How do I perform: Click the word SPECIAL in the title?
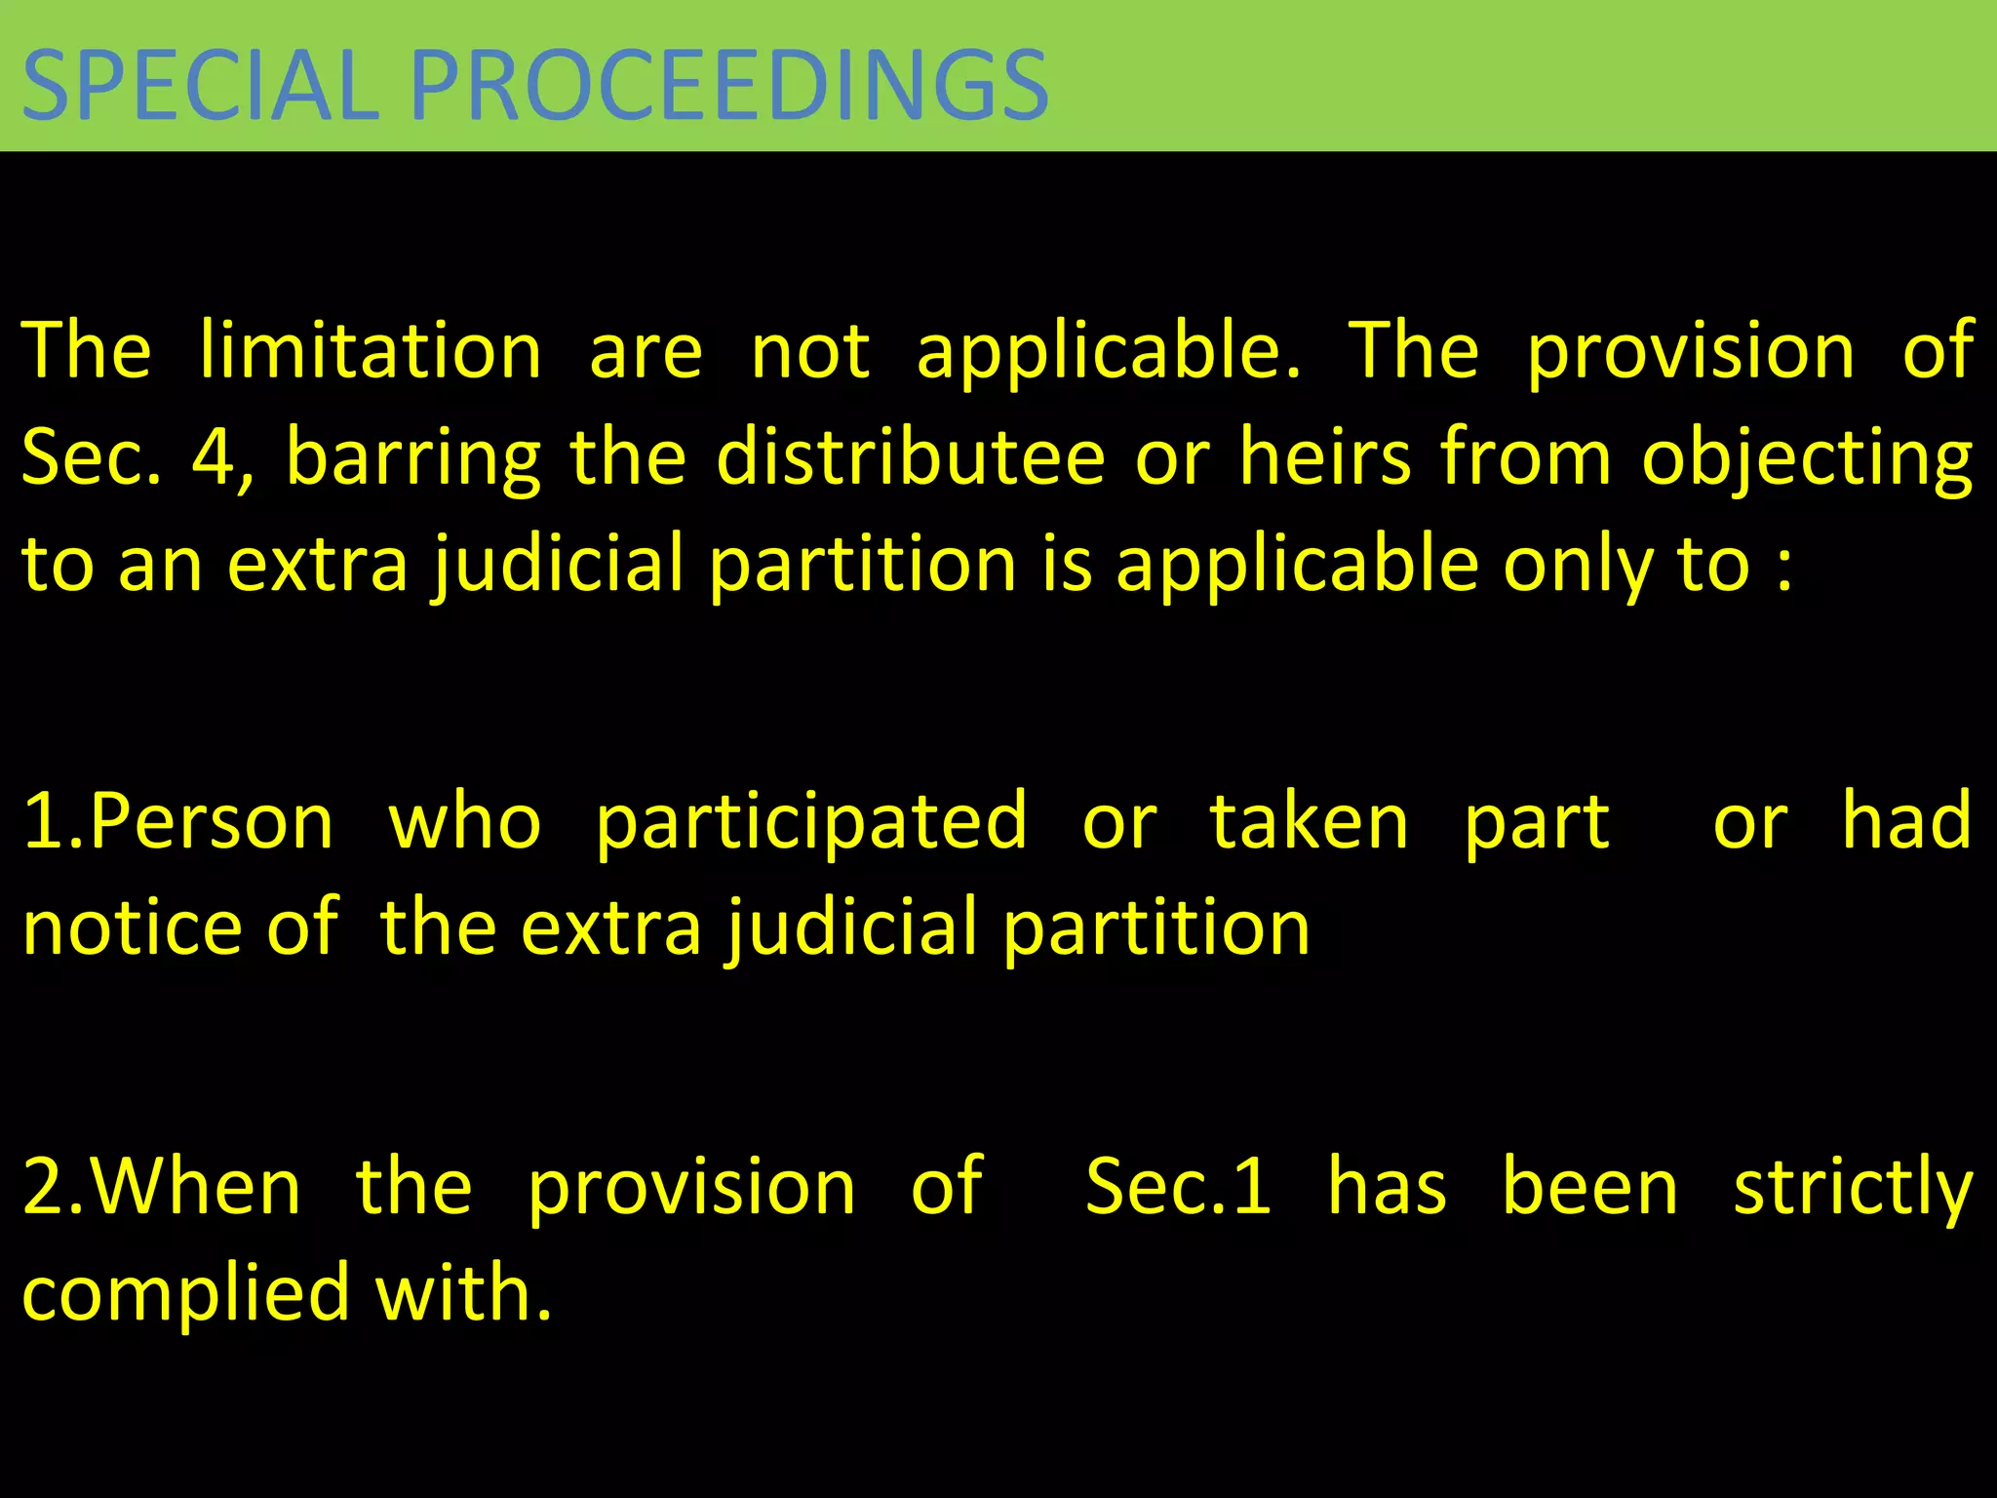point(200,86)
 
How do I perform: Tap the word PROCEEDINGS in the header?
point(729,86)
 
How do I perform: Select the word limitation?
point(371,351)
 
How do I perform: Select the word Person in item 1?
point(212,822)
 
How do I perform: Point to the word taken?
point(1310,822)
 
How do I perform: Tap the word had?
point(1907,820)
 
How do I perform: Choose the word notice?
point(133,927)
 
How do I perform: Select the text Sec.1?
point(1179,1187)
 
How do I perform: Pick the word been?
point(1590,1187)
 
